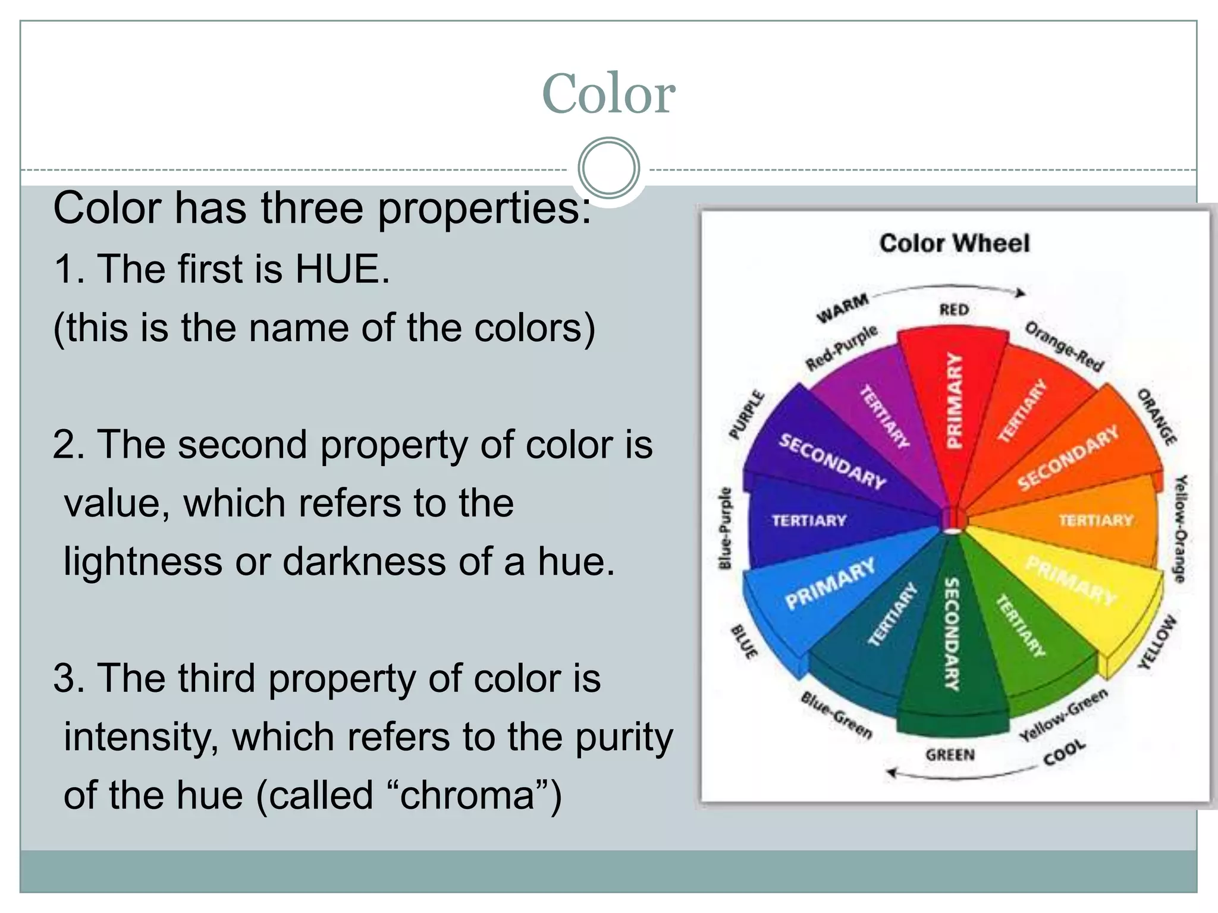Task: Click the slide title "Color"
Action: pyautogui.click(x=608, y=93)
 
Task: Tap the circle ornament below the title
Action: pyautogui.click(x=608, y=168)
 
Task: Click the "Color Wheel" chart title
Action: pyautogui.click(x=954, y=243)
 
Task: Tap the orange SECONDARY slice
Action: pyautogui.click(x=1071, y=458)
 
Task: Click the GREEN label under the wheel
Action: pyautogui.click(x=950, y=755)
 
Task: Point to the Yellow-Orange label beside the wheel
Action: pyautogui.click(x=1180, y=528)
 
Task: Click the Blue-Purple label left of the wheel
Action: pyautogui.click(x=724, y=528)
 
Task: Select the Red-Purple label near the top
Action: pyautogui.click(x=842, y=348)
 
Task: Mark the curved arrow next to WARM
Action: pyautogui.click(x=952, y=289)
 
